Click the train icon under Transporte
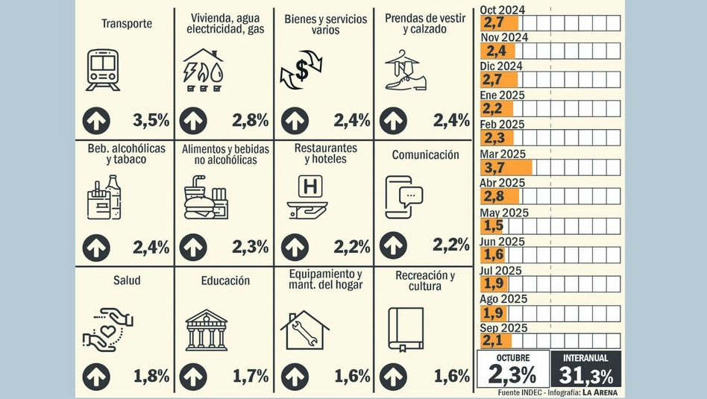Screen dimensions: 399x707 (x=103, y=70)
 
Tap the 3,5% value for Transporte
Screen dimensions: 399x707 (x=151, y=119)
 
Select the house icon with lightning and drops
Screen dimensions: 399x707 (x=203, y=70)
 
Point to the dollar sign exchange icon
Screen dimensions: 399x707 (x=301, y=72)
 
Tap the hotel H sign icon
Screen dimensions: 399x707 (x=307, y=195)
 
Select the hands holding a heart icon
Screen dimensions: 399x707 (x=107, y=330)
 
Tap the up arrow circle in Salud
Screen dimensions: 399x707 (x=96, y=376)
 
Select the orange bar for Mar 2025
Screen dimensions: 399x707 (x=507, y=167)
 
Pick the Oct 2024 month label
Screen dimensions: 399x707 (x=502, y=8)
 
